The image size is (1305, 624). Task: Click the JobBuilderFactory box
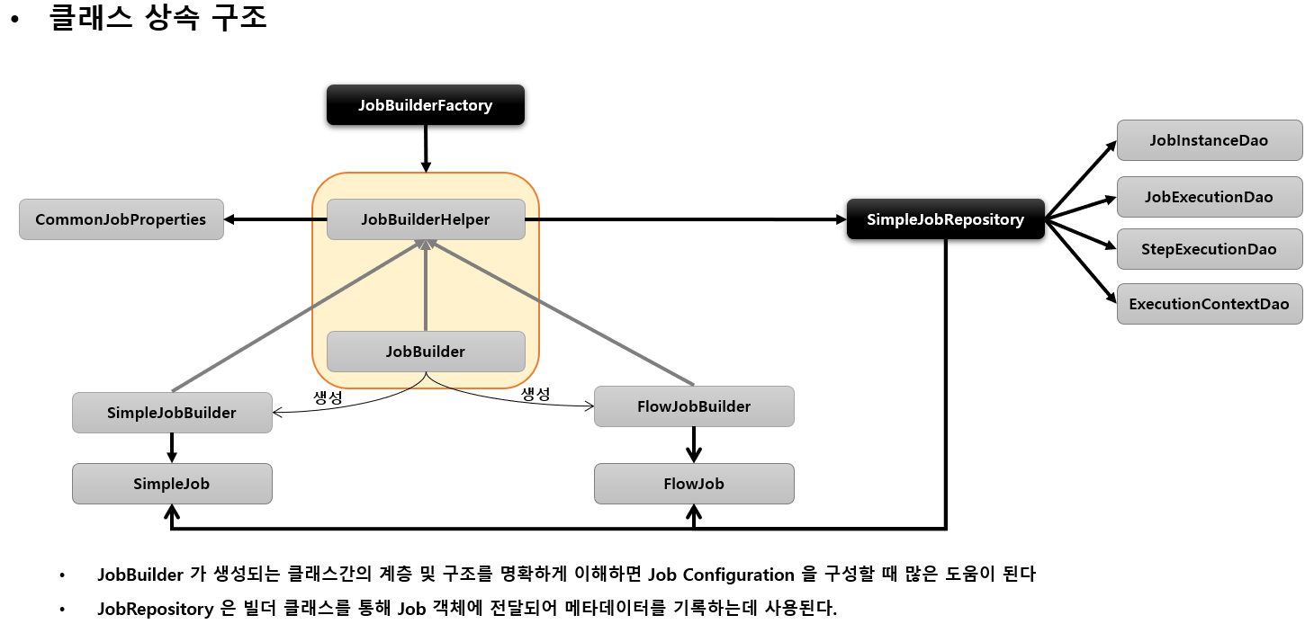point(425,105)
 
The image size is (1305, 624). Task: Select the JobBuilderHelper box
point(425,219)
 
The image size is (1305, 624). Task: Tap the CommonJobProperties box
point(121,219)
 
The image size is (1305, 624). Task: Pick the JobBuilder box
point(425,352)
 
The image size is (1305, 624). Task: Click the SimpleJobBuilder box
point(171,413)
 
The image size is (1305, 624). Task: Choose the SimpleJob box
point(171,484)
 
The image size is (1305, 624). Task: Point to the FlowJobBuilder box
point(693,406)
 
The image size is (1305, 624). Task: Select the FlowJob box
point(693,484)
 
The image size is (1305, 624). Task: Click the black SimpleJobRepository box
point(945,219)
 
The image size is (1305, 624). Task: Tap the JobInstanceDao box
point(1209,140)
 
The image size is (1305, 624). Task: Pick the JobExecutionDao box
point(1209,196)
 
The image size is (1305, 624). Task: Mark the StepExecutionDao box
point(1209,249)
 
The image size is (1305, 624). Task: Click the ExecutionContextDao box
point(1209,304)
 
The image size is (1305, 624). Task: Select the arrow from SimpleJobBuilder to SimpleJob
point(171,448)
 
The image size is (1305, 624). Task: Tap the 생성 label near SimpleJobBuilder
point(327,397)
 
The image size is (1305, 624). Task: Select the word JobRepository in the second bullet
point(153,609)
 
